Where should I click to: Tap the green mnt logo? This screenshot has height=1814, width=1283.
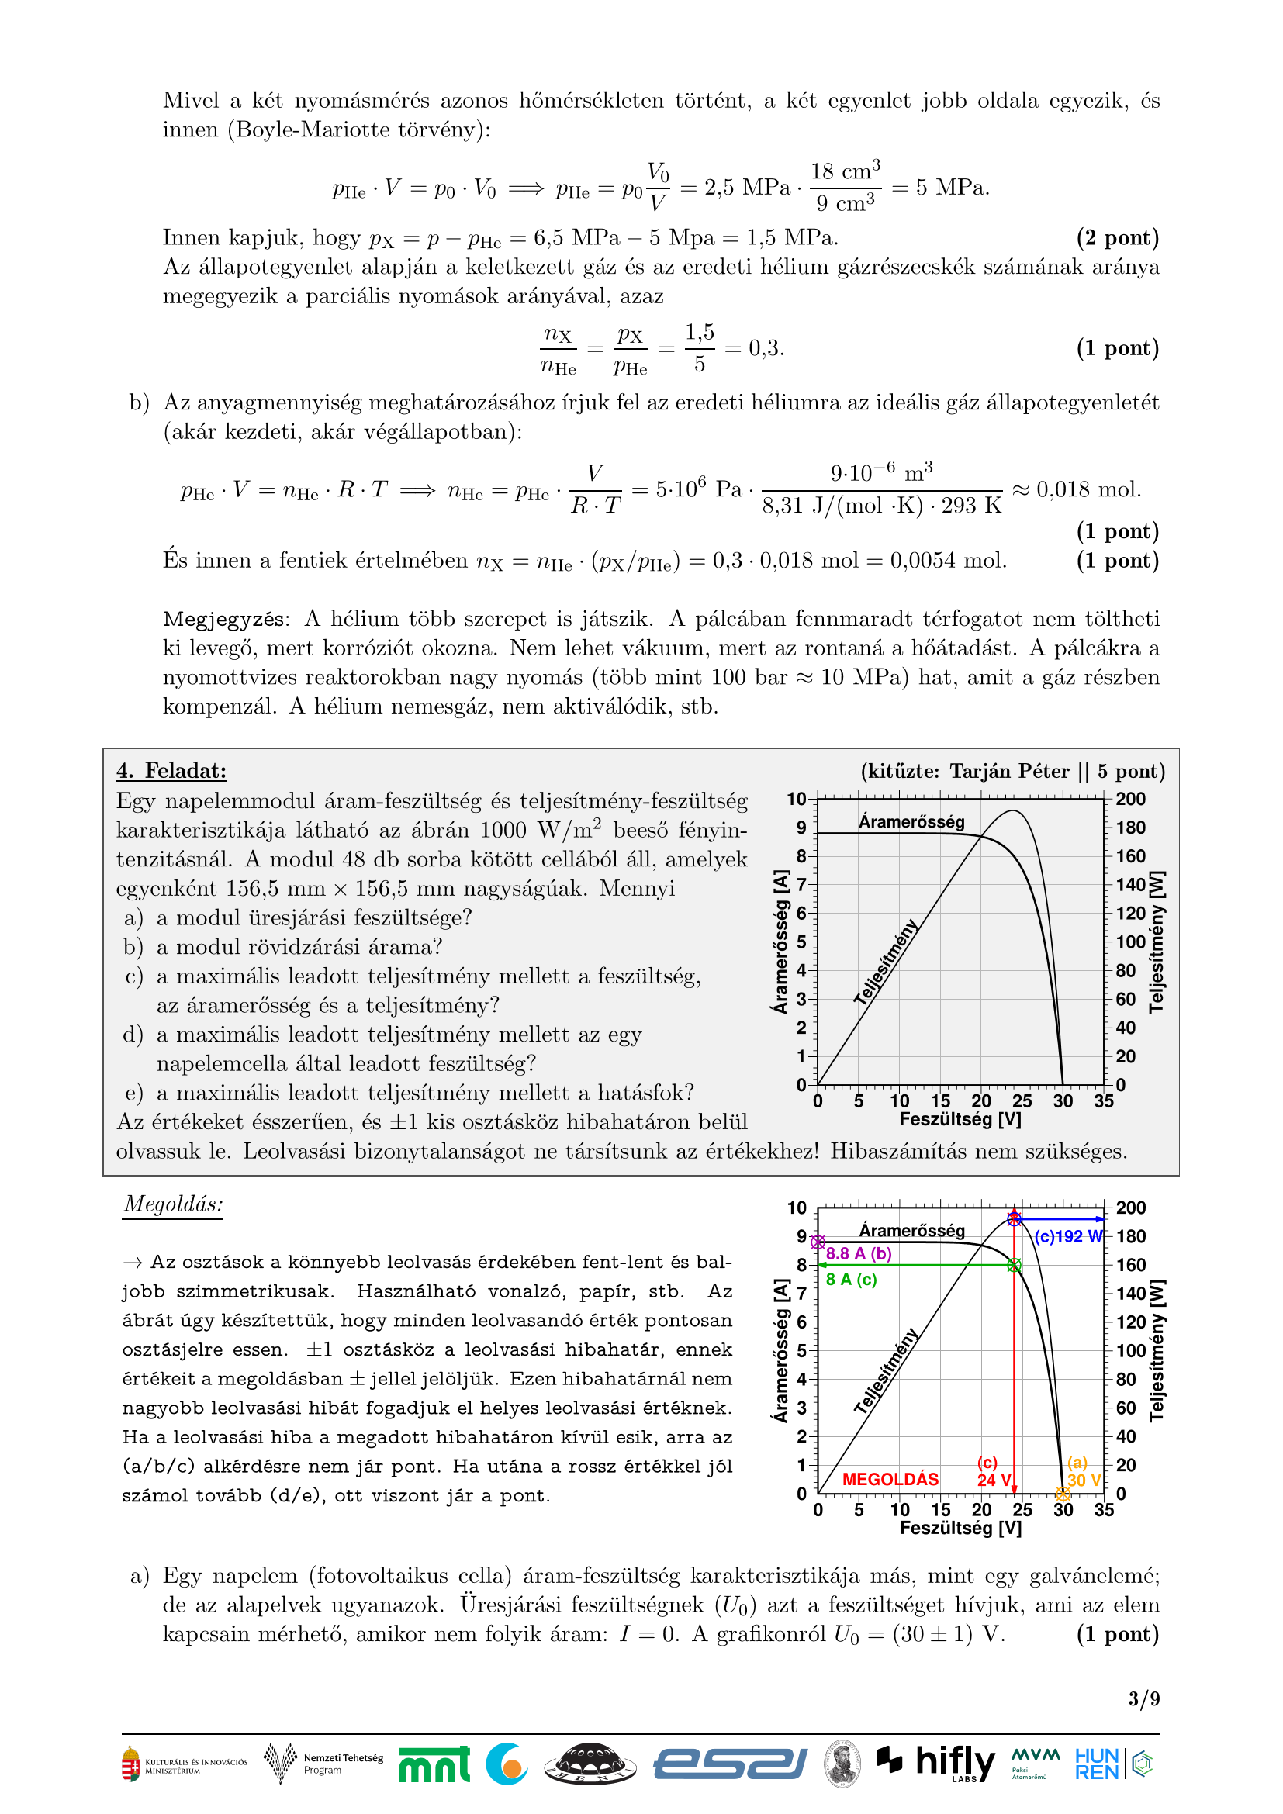[434, 1764]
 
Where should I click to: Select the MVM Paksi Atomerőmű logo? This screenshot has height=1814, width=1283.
[1035, 1762]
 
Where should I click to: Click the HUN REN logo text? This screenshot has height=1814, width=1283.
[1097, 1764]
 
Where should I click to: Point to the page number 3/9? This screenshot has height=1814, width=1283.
[1144, 1698]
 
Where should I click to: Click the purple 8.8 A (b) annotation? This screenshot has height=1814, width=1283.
[859, 1253]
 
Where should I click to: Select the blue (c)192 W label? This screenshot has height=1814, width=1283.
[1068, 1236]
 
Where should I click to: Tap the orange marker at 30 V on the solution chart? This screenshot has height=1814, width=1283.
[1063, 1493]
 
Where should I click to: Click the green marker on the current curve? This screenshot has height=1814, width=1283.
[1015, 1265]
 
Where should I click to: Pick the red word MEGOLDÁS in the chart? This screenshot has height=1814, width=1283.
[890, 1479]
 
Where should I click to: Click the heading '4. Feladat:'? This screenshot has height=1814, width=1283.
[171, 770]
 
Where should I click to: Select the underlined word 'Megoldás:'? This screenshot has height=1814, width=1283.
[173, 1204]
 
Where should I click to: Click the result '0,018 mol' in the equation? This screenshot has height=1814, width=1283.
[1088, 490]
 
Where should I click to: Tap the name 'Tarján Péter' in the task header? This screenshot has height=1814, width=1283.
[1009, 770]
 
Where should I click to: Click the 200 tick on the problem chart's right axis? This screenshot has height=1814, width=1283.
[1130, 799]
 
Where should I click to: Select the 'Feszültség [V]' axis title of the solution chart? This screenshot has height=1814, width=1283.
[960, 1528]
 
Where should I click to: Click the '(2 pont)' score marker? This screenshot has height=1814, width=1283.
[1117, 237]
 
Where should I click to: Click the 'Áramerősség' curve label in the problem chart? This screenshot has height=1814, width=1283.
[911, 821]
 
